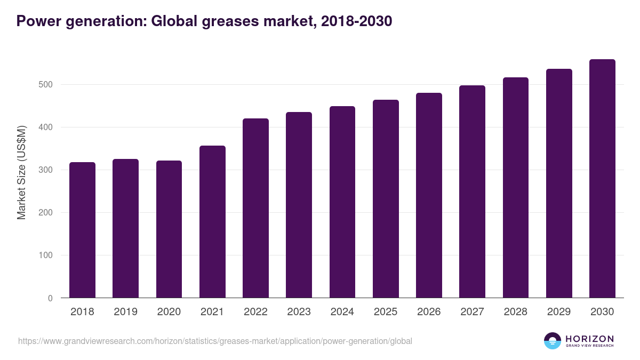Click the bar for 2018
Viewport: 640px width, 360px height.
click(x=82, y=230)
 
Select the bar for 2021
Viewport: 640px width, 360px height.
click(x=212, y=222)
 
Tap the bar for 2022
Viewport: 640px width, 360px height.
click(x=255, y=208)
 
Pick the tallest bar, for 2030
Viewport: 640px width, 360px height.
click(x=602, y=179)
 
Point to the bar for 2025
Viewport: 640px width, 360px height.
click(x=386, y=199)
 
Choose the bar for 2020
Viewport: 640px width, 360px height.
click(x=169, y=229)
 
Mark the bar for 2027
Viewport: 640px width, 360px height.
click(x=472, y=191)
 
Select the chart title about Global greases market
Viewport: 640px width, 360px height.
click(x=204, y=21)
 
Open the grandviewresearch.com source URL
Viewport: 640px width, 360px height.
click(x=215, y=341)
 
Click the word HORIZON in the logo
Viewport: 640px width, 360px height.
click(x=589, y=339)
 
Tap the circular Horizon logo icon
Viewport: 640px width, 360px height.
click(x=553, y=341)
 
